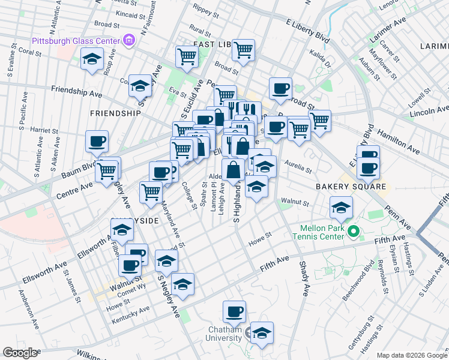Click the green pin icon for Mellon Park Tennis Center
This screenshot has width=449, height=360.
click(354, 230)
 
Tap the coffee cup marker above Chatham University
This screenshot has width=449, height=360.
click(234, 312)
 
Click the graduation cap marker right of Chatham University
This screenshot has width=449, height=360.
click(262, 334)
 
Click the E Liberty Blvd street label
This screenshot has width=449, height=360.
click(308, 31)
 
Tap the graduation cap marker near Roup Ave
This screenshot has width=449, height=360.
click(92, 59)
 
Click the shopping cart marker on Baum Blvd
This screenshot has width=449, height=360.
click(107, 170)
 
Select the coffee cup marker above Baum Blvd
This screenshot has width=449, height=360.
click(97, 142)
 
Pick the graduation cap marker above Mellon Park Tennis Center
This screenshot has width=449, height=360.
click(341, 208)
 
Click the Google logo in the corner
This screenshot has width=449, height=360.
click(19, 353)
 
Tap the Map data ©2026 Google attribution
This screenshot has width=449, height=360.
click(411, 355)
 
